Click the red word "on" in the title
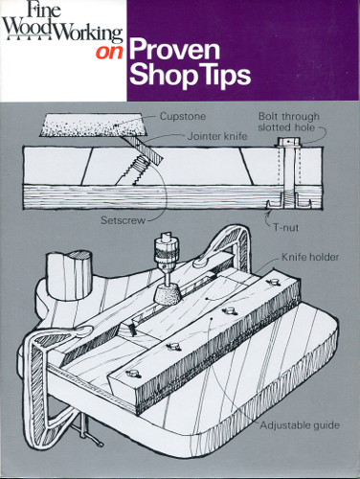tap(109, 53)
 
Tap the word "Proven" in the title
tap(174, 50)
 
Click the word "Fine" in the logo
tap(45, 11)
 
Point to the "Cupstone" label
tap(183, 116)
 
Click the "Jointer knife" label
tap(217, 136)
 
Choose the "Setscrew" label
tap(123, 220)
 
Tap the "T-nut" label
tap(286, 228)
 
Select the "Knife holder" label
tap(310, 257)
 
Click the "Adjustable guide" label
tap(300, 425)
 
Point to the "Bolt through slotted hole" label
tap(289, 122)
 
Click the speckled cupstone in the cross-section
tap(96, 125)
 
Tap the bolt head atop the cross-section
tap(288, 142)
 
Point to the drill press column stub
tap(70, 275)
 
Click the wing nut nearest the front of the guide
tap(132, 373)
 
